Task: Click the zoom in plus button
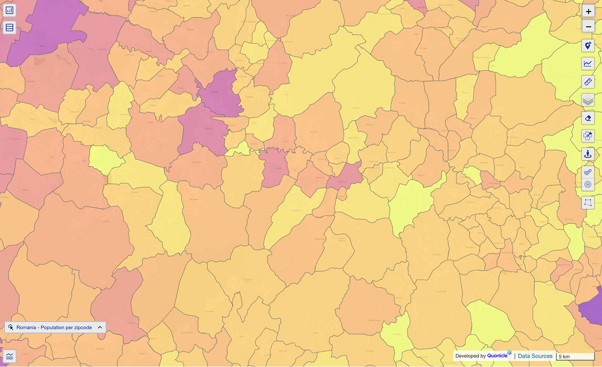[x=588, y=11]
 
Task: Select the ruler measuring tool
[x=588, y=81]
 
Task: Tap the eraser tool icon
[x=588, y=118]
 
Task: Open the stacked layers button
[x=588, y=100]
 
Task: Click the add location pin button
[x=588, y=46]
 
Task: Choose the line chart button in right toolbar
[x=588, y=63]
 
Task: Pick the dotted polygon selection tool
[x=588, y=202]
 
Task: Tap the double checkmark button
[x=588, y=172]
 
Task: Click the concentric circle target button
[x=588, y=185]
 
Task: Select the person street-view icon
[x=588, y=154]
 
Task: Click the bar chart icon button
[x=10, y=10]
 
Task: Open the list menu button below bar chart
[x=10, y=28]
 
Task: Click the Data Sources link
[x=535, y=356]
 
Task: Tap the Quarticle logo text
[x=499, y=355]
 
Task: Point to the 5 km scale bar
[x=575, y=356]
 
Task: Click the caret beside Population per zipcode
[x=100, y=327]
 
